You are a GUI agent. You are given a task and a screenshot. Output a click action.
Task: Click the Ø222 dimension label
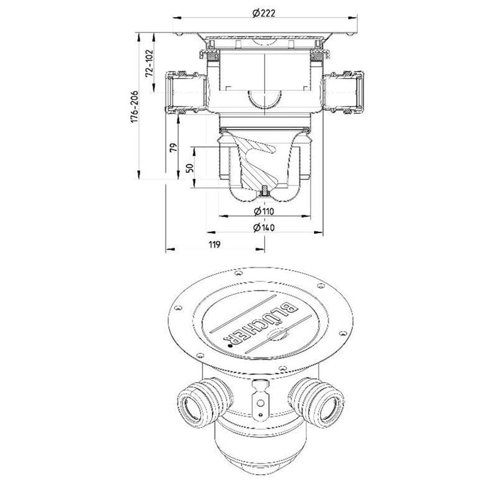(x=264, y=13)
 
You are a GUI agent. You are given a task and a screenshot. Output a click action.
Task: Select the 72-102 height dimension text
(x=149, y=62)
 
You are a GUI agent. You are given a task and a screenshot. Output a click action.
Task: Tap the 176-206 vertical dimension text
(x=134, y=107)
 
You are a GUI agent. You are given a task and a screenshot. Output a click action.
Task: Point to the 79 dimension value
(x=174, y=148)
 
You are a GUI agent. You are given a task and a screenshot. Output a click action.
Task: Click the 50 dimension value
(x=189, y=168)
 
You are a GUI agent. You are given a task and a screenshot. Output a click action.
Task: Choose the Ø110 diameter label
(x=264, y=211)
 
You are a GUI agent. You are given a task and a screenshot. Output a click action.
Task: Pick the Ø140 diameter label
(x=264, y=227)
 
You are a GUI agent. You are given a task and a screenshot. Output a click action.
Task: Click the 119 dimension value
(x=215, y=244)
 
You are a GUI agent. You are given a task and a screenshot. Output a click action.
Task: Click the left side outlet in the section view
(x=186, y=93)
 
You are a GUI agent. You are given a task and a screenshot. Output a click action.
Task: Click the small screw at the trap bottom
(x=264, y=191)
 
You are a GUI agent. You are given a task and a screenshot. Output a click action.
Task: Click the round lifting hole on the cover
(x=275, y=334)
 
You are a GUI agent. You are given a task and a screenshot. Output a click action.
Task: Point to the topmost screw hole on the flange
(x=238, y=273)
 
